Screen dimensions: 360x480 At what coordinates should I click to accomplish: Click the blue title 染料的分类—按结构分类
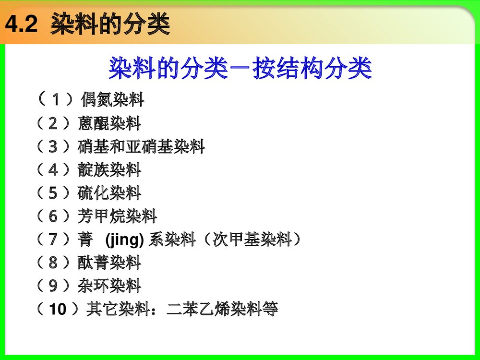pos(240,69)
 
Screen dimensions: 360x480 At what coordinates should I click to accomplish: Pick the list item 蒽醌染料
pos(109,123)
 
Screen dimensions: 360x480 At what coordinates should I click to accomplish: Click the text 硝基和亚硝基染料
pos(141,146)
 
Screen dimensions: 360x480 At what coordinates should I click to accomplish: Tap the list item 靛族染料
pos(109,169)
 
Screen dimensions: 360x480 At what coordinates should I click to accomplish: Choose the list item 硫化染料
pos(109,193)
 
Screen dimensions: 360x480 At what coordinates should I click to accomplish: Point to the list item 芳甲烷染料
pos(117,216)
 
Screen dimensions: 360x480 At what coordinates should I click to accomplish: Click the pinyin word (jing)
pos(124,239)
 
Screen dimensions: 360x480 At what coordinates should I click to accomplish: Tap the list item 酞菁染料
pos(109,263)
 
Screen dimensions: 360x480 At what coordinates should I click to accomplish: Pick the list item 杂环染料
pos(109,286)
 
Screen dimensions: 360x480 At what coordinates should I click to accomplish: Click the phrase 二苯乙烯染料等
pos(222,309)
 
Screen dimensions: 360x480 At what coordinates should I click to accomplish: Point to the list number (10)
pos(57,309)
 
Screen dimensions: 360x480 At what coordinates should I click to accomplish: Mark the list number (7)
pos(53,239)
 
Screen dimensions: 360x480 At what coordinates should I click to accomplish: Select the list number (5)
pos(53,193)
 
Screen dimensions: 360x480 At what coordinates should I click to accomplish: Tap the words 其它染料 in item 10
pos(118,309)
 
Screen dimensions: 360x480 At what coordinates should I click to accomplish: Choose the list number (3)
pos(53,146)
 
